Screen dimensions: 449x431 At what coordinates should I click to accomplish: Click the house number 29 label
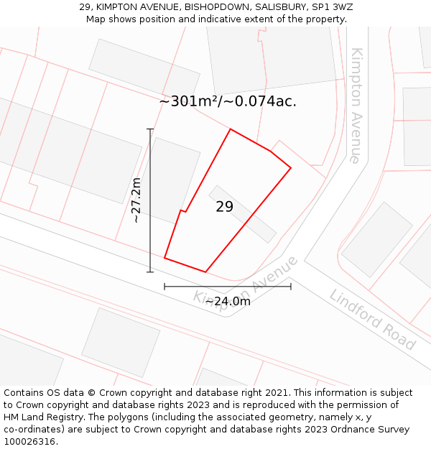tap(224, 207)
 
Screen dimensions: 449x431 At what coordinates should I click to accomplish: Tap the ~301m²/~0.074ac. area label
tap(228, 102)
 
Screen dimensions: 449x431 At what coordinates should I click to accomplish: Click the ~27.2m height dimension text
tap(136, 200)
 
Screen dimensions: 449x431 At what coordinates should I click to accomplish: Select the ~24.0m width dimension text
tap(228, 301)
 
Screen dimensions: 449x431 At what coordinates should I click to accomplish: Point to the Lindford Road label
tap(373, 319)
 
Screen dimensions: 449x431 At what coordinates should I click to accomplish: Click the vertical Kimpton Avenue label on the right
tap(356, 106)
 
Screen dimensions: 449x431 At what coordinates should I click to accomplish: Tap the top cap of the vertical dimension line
tap(150, 129)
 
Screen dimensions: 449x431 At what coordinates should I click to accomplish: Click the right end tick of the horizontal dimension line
tap(291, 286)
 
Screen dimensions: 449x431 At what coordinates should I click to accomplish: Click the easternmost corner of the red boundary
tap(291, 168)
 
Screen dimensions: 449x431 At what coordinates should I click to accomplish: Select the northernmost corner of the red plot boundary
tap(231, 129)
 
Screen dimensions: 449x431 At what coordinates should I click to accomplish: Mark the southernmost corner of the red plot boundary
tap(206, 272)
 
